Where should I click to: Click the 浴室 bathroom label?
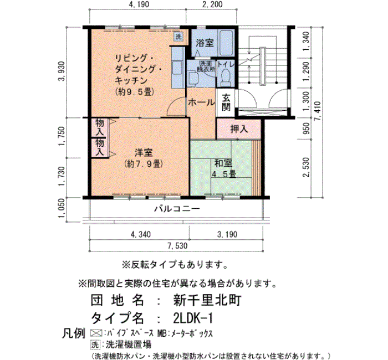(x=205, y=43)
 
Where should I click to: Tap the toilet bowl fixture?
(x=226, y=76)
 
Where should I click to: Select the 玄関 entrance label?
(x=226, y=102)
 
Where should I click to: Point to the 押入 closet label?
(x=239, y=129)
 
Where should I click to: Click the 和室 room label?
(x=223, y=163)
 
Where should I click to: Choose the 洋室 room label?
(x=144, y=152)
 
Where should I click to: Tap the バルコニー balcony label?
(x=177, y=209)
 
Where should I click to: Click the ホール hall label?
(x=201, y=102)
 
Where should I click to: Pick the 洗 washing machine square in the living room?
(x=178, y=37)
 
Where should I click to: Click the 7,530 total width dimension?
(x=177, y=246)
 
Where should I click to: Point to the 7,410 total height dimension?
(x=318, y=111)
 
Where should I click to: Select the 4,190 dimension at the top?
(x=139, y=4)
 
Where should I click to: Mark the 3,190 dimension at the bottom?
(x=227, y=234)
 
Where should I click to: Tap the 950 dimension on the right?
(x=306, y=128)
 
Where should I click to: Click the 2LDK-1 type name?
(x=193, y=318)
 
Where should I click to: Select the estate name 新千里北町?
(x=207, y=300)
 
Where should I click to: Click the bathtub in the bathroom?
(x=226, y=43)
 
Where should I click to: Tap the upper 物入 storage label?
(x=99, y=127)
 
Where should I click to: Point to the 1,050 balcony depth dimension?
(x=62, y=209)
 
